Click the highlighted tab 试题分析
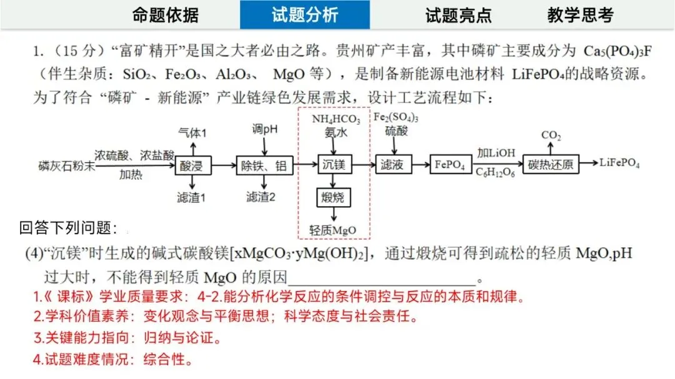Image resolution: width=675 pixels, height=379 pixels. (x=304, y=15)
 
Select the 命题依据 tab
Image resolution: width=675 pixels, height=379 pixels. (x=166, y=15)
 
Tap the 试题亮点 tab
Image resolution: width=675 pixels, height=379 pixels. (x=458, y=15)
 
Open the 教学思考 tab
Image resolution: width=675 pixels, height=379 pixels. (x=580, y=15)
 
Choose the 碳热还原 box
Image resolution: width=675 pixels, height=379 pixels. (x=550, y=165)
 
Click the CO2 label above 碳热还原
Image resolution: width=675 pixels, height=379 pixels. (x=550, y=135)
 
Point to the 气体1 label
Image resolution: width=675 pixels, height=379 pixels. (x=192, y=132)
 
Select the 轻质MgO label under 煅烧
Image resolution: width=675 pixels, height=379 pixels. (x=332, y=230)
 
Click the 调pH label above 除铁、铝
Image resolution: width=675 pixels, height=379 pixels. (x=265, y=129)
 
